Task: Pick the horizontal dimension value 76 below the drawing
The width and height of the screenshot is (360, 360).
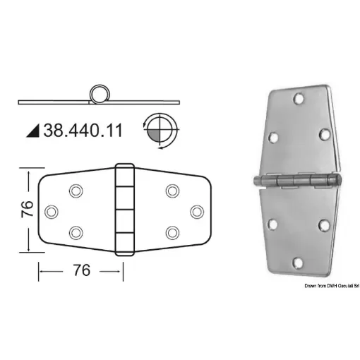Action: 82,271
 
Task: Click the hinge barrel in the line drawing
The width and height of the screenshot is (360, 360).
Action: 124,210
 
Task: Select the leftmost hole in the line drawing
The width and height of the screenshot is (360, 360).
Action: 51,210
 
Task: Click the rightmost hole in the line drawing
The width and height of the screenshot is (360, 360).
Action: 197,210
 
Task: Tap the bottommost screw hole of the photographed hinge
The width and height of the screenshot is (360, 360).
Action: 299,263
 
